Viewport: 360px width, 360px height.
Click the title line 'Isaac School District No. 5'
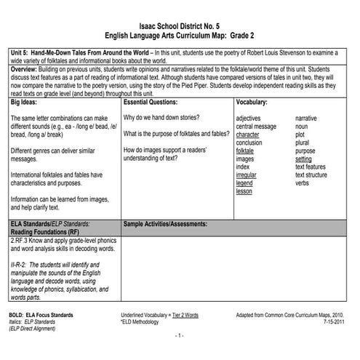pos(179,23)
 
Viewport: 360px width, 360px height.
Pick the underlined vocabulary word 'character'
pos(248,134)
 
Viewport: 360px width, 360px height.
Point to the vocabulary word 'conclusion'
pos(249,143)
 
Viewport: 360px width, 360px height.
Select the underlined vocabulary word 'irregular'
pos(247,175)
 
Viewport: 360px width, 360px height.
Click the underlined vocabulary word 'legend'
pos(244,183)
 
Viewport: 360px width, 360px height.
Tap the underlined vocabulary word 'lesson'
pos(244,192)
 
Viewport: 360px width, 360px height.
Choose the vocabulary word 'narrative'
pos(306,117)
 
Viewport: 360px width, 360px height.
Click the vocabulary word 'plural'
pos(303,143)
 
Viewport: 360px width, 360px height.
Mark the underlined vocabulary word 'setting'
pos(304,159)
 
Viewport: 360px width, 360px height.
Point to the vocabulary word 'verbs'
pos(303,183)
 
